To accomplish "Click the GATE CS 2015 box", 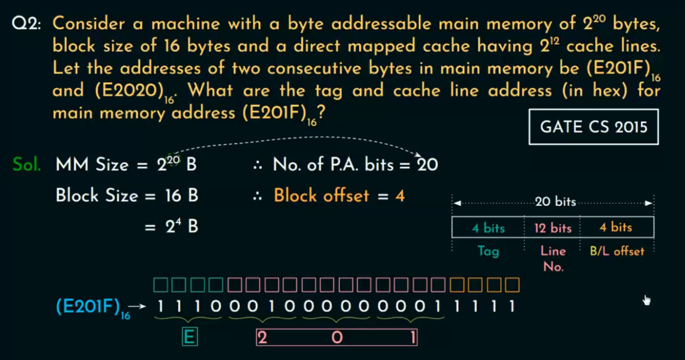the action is click(593, 127).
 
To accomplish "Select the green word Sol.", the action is click(27, 164).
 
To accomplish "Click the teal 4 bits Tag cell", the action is click(488, 227).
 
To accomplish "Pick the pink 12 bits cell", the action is click(553, 227).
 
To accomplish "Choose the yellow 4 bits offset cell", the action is click(616, 227).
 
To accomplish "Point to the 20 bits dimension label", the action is click(555, 202).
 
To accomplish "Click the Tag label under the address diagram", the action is click(488, 251).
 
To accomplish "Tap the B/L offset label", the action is click(617, 251).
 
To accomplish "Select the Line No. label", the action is click(553, 259).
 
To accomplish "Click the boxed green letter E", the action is click(189, 337).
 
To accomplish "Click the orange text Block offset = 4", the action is click(339, 195).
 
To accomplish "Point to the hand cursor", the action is click(646, 300).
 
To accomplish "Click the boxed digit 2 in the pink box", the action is click(261, 337).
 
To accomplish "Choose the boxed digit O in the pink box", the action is click(337, 337).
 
